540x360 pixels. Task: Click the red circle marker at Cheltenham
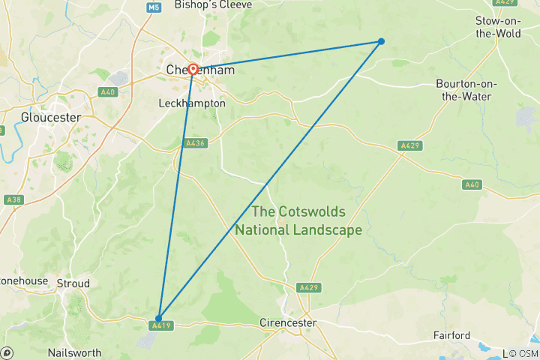pos(193,69)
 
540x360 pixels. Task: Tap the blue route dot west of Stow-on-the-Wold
pos(381,41)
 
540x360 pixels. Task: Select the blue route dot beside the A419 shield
pos(158,318)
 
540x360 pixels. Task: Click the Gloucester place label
pos(50,117)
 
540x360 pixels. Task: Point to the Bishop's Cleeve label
pos(213,4)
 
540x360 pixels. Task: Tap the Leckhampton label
pos(191,103)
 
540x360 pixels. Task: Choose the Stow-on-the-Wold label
pos(498,27)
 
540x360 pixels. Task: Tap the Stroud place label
pos(73,283)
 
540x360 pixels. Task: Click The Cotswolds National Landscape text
pos(298,220)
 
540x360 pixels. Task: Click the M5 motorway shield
pos(154,7)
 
